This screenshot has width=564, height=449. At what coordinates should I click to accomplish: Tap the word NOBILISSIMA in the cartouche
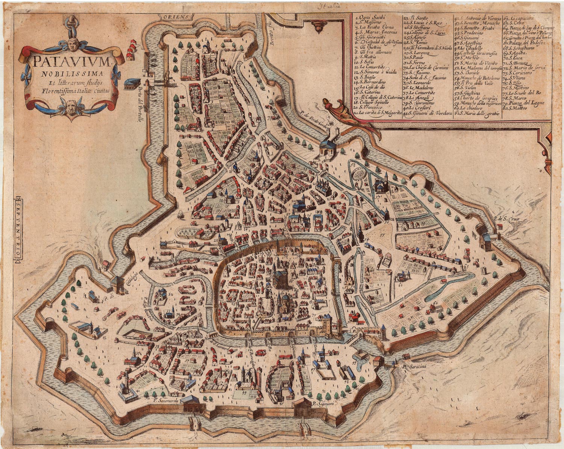71,72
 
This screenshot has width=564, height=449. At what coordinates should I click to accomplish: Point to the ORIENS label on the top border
176,17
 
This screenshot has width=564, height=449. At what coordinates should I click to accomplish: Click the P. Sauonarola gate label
165,400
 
